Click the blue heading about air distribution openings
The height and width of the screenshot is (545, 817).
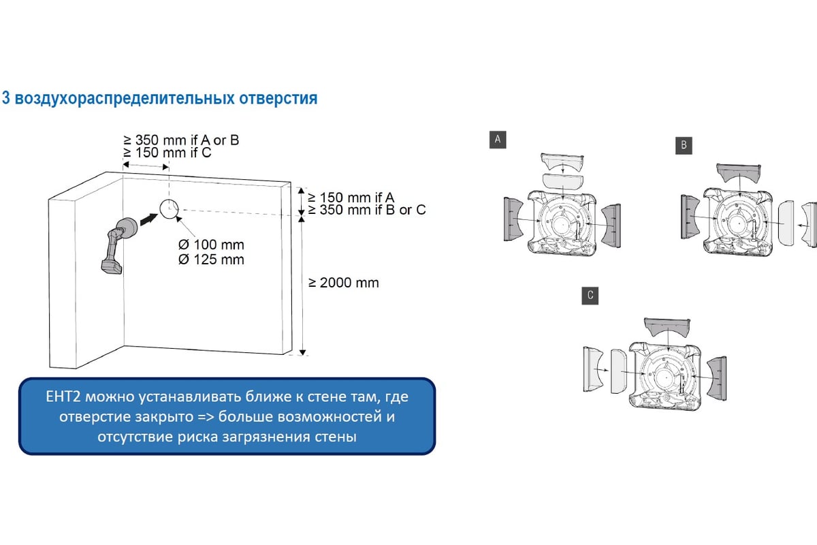(159, 98)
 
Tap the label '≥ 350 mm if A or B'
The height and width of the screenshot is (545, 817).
(181, 140)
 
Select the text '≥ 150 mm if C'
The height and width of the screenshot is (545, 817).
(167, 153)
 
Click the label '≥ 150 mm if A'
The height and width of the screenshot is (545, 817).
(351, 198)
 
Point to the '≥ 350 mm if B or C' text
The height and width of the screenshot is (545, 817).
(367, 210)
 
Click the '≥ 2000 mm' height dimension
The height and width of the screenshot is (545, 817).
(344, 283)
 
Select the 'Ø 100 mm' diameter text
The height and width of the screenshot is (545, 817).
(211, 245)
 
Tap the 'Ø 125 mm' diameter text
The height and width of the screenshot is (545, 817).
(211, 260)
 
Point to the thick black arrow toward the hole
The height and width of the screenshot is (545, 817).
(149, 220)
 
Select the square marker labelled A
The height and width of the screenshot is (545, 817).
(498, 140)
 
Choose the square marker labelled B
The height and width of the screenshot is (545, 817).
(684, 145)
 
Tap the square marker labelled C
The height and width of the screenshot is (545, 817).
(590, 295)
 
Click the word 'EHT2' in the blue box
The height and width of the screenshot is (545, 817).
(63, 396)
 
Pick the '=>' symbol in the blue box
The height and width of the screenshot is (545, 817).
(206, 417)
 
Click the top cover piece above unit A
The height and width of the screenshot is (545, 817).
(562, 162)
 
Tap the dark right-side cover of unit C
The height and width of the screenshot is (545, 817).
(717, 379)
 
